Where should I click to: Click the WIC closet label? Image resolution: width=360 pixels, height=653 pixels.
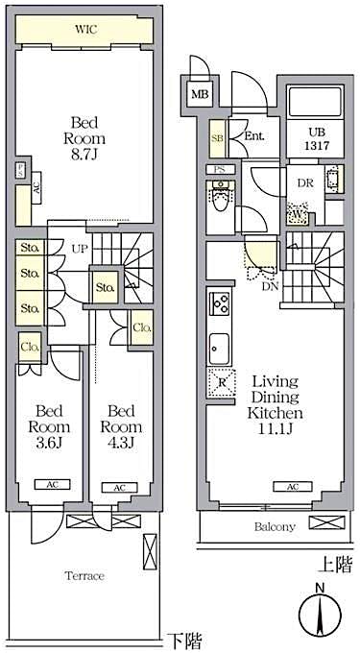click(x=84, y=30)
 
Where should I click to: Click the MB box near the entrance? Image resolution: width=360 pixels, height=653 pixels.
click(x=199, y=94)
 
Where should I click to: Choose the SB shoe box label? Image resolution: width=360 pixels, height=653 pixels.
click(x=217, y=136)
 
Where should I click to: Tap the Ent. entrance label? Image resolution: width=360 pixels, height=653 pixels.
click(x=253, y=136)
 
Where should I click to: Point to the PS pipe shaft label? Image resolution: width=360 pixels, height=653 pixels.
click(x=220, y=170)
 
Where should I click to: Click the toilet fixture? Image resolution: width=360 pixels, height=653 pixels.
click(x=220, y=199)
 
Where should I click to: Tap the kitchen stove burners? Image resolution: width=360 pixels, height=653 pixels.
click(x=218, y=305)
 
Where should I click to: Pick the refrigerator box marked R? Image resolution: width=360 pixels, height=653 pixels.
click(x=221, y=380)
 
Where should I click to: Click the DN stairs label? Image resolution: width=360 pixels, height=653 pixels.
click(x=271, y=284)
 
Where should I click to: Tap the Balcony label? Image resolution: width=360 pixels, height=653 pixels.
click(x=275, y=526)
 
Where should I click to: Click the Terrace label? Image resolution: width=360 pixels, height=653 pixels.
click(x=85, y=575)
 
